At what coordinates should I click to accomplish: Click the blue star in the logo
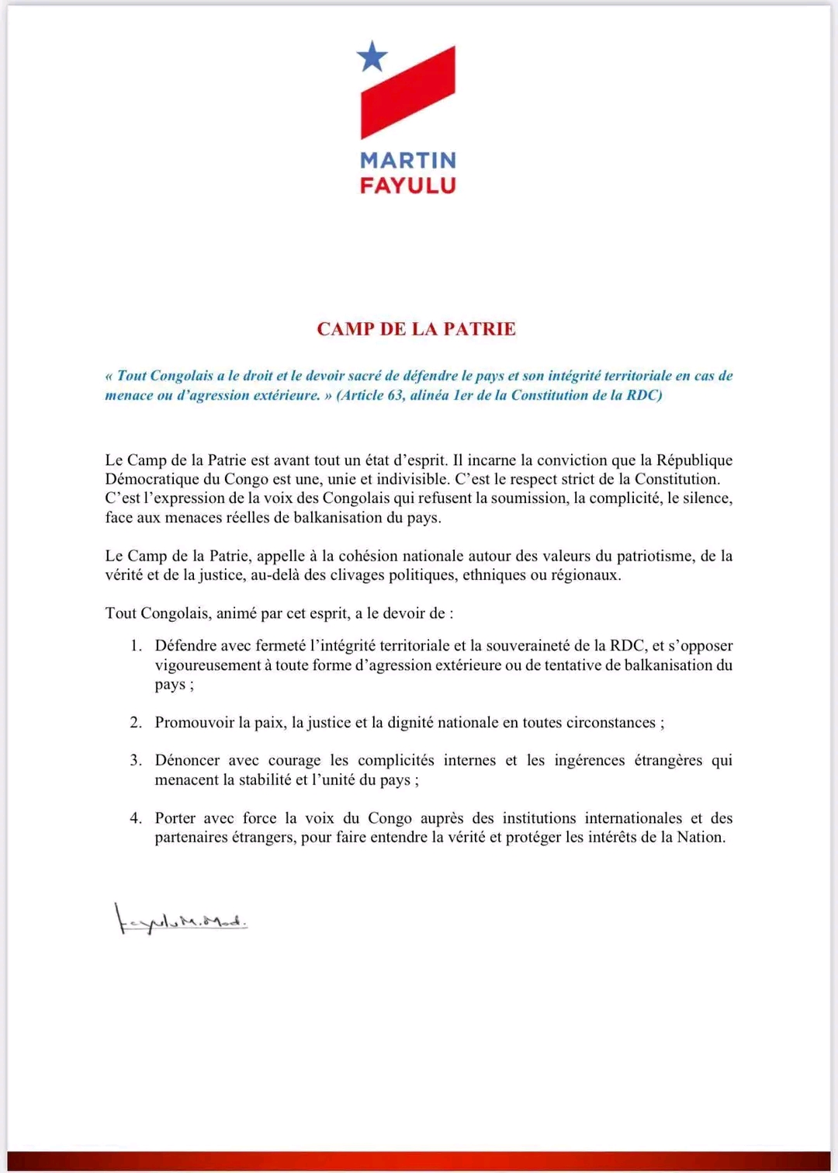[372, 56]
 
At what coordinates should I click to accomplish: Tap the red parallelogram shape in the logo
[408, 92]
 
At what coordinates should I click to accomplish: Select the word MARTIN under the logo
[408, 161]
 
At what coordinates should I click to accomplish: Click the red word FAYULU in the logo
[408, 186]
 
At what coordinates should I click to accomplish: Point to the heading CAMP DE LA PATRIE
[416, 329]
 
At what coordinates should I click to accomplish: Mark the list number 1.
[136, 646]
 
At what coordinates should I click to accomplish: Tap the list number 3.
[136, 761]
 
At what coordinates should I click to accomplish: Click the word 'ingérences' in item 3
[589, 761]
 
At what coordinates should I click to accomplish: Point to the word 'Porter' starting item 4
[175, 818]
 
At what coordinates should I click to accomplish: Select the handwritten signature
[181, 920]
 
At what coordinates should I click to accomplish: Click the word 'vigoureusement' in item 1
[207, 665]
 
